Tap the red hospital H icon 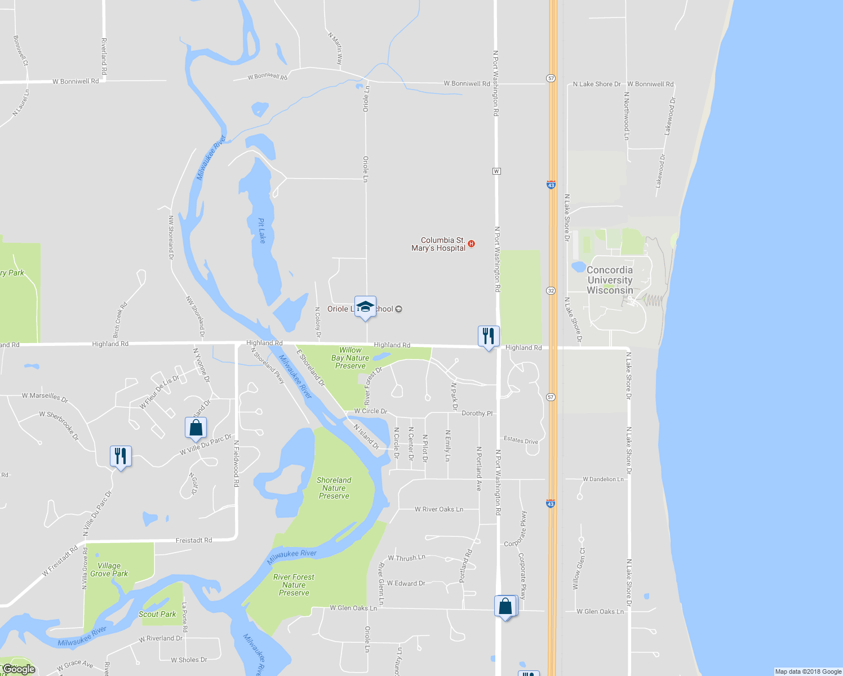point(472,244)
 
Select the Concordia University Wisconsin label point(610,280)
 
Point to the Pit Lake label point(261,230)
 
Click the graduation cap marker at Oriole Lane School point(365,307)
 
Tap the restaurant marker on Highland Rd point(489,336)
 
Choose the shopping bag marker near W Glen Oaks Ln point(505,607)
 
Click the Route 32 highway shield point(551,291)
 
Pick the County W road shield point(496,171)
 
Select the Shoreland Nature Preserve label point(334,488)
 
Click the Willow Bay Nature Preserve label point(350,358)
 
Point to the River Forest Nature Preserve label point(294,585)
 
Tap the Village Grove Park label point(109,570)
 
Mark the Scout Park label point(157,614)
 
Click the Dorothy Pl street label point(477,413)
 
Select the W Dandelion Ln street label point(603,479)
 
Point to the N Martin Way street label point(335,48)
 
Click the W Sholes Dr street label point(189,660)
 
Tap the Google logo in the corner point(19,669)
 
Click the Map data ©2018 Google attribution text point(808,671)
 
